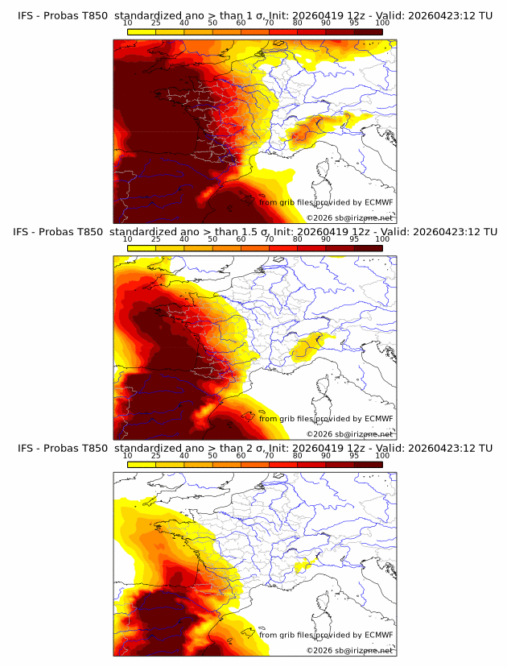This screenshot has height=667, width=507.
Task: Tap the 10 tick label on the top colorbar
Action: click(x=127, y=23)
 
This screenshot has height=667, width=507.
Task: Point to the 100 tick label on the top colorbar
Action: click(x=382, y=23)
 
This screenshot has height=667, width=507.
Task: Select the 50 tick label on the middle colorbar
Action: click(x=212, y=239)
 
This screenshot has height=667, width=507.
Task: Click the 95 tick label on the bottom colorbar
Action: click(x=354, y=455)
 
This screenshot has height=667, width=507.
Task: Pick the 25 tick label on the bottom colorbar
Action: click(x=156, y=455)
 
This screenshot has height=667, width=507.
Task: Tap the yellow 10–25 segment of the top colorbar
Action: click(x=142, y=31)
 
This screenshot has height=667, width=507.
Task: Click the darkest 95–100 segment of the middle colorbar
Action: click(x=368, y=248)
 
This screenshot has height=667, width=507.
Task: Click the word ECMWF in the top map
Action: click(x=378, y=202)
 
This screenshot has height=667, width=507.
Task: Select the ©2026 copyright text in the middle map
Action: click(x=320, y=433)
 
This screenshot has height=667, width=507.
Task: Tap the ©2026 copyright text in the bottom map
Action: click(x=320, y=650)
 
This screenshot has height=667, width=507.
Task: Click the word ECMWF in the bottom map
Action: click(x=378, y=635)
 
